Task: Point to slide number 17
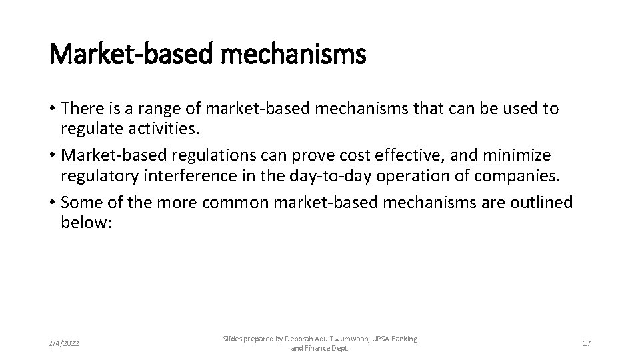pos(587,343)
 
